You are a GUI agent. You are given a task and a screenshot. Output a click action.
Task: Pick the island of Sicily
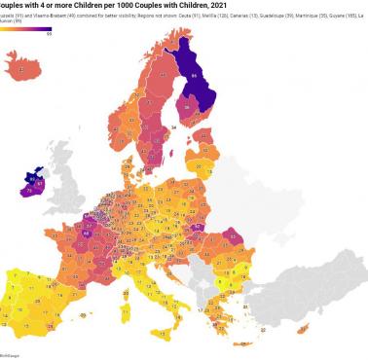[173, 311]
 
